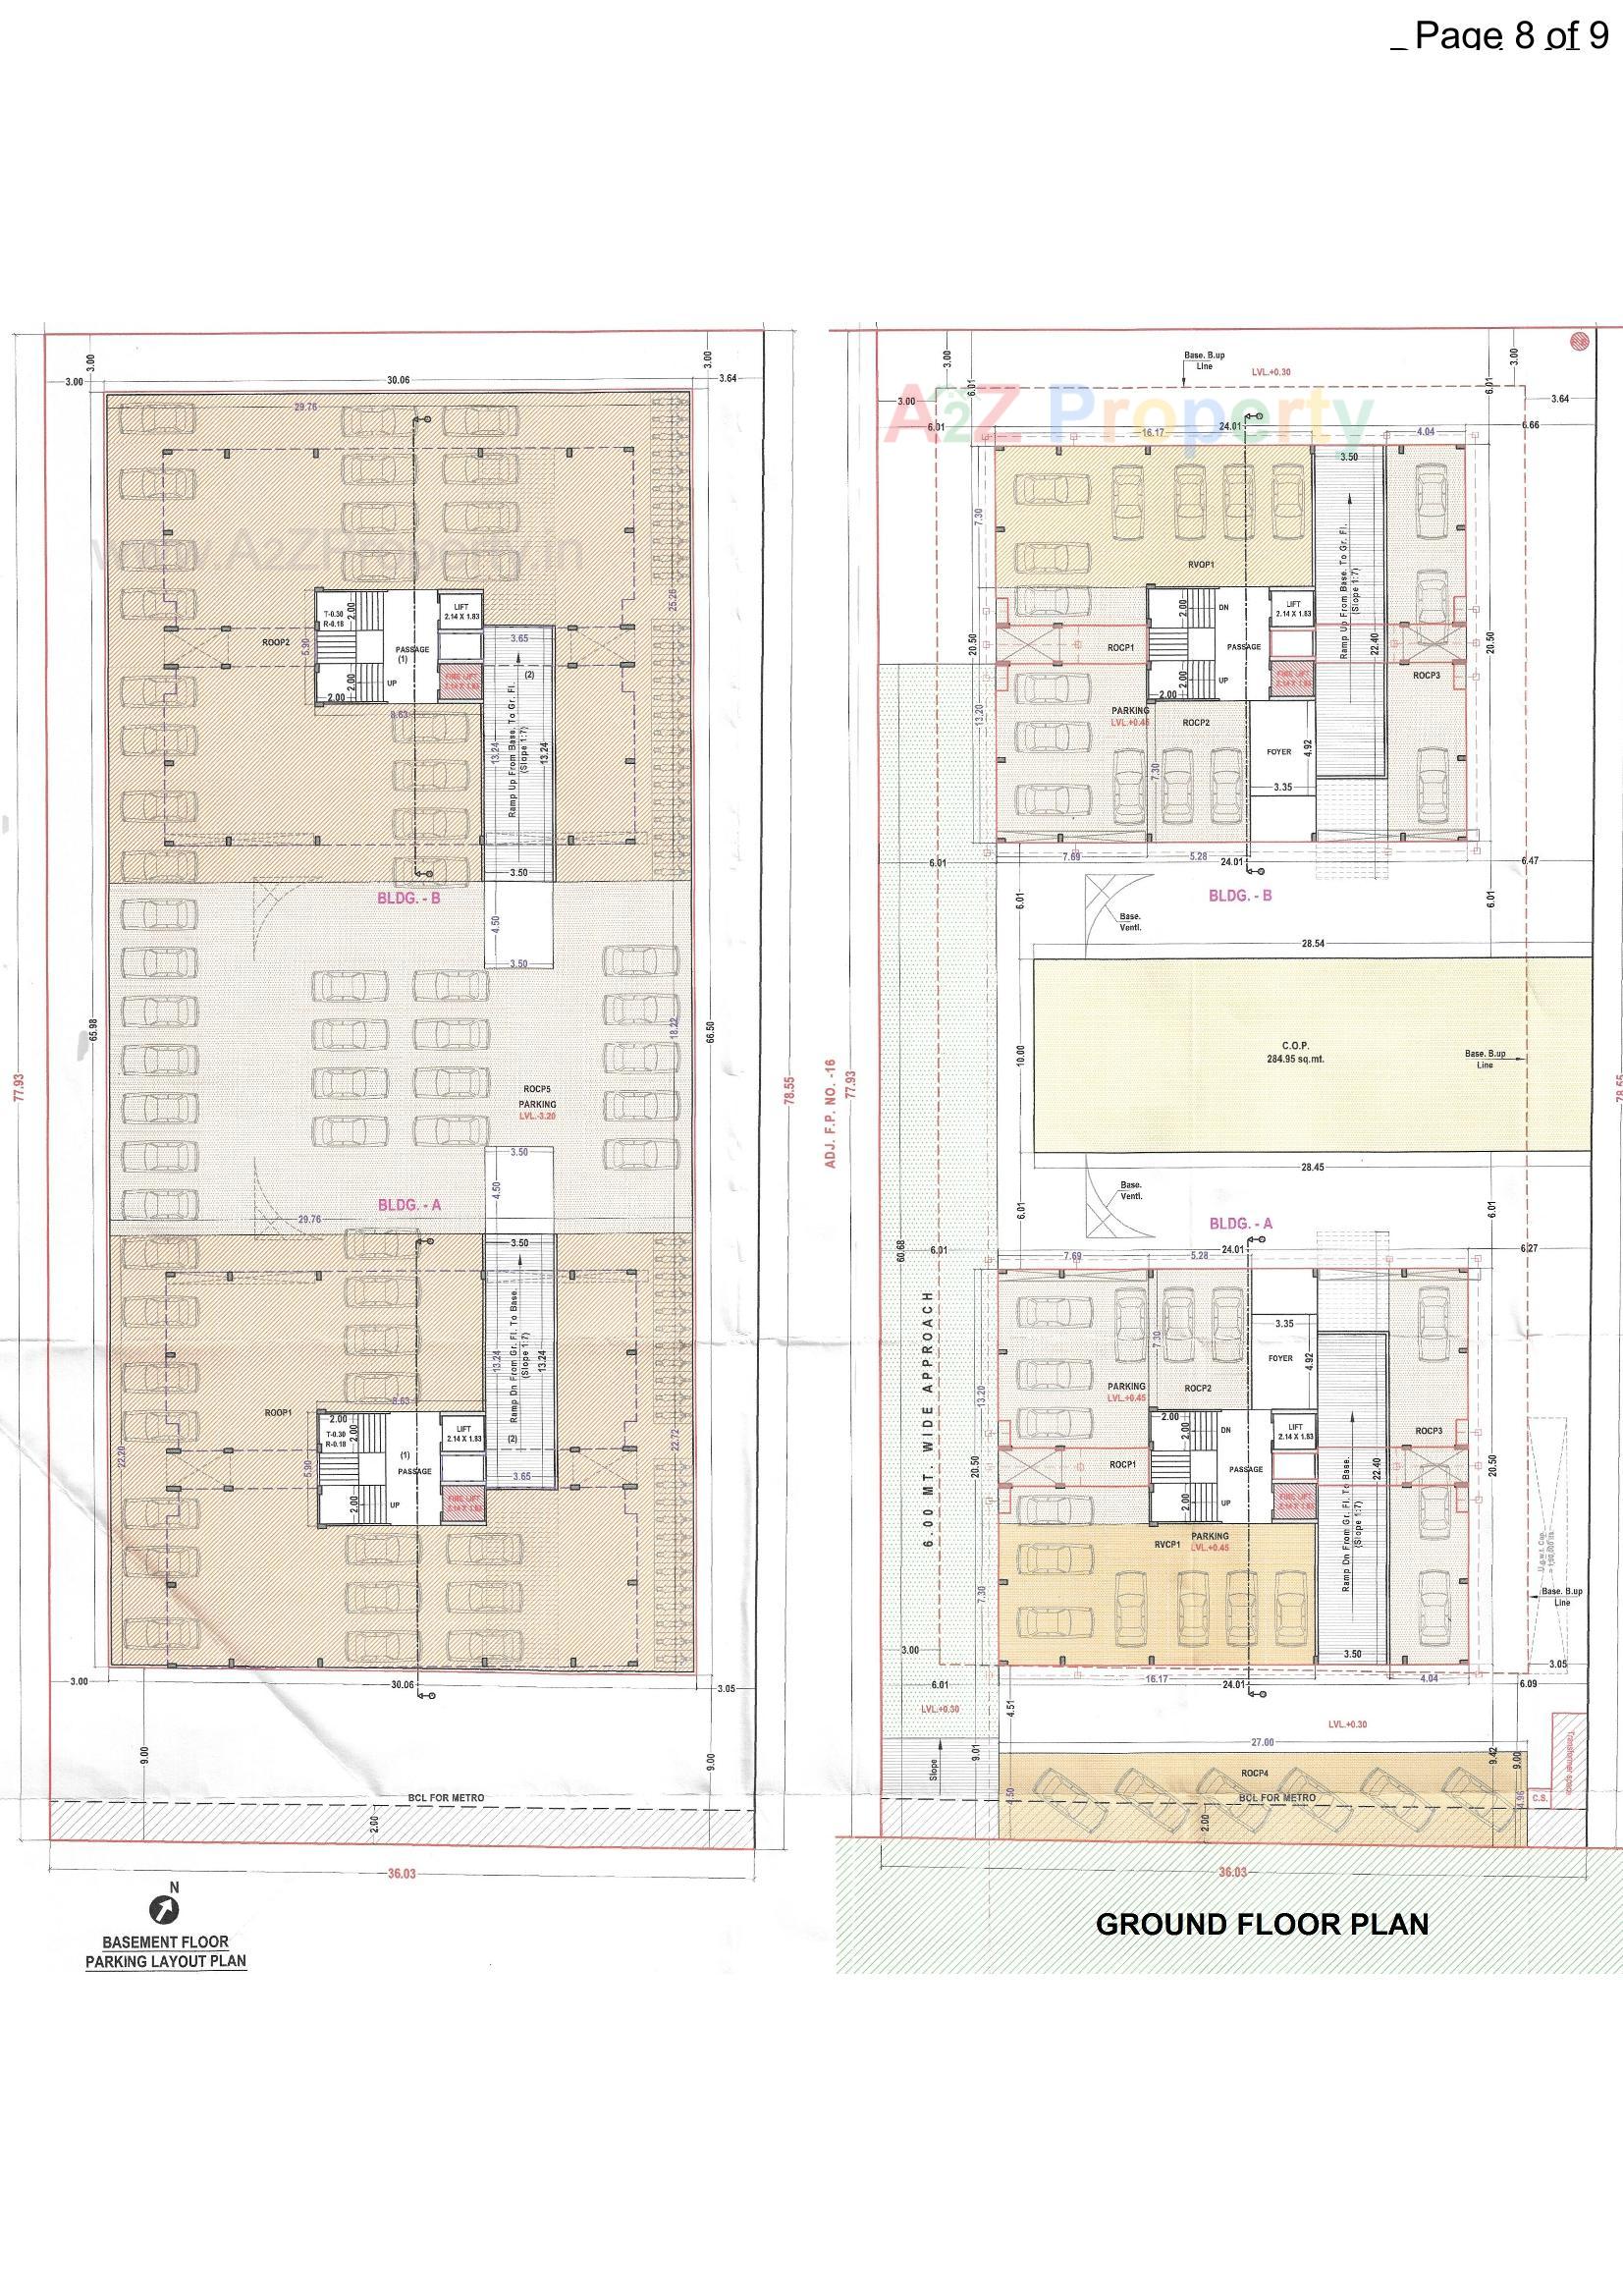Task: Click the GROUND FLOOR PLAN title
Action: [x=1262, y=1923]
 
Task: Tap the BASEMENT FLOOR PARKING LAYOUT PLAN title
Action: [x=166, y=1951]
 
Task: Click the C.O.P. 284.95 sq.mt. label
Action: [x=1295, y=1052]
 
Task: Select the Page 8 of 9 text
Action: [x=1511, y=36]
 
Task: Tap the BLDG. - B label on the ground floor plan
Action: [x=1240, y=895]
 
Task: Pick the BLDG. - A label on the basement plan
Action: [x=409, y=1205]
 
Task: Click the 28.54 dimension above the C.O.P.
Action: [x=1313, y=943]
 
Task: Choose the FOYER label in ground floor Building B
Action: [x=1279, y=751]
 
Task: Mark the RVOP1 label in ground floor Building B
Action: [x=1201, y=564]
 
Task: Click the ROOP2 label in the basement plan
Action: [x=276, y=643]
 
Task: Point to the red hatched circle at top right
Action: [x=1579, y=340]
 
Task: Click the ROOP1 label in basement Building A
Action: [x=278, y=1412]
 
